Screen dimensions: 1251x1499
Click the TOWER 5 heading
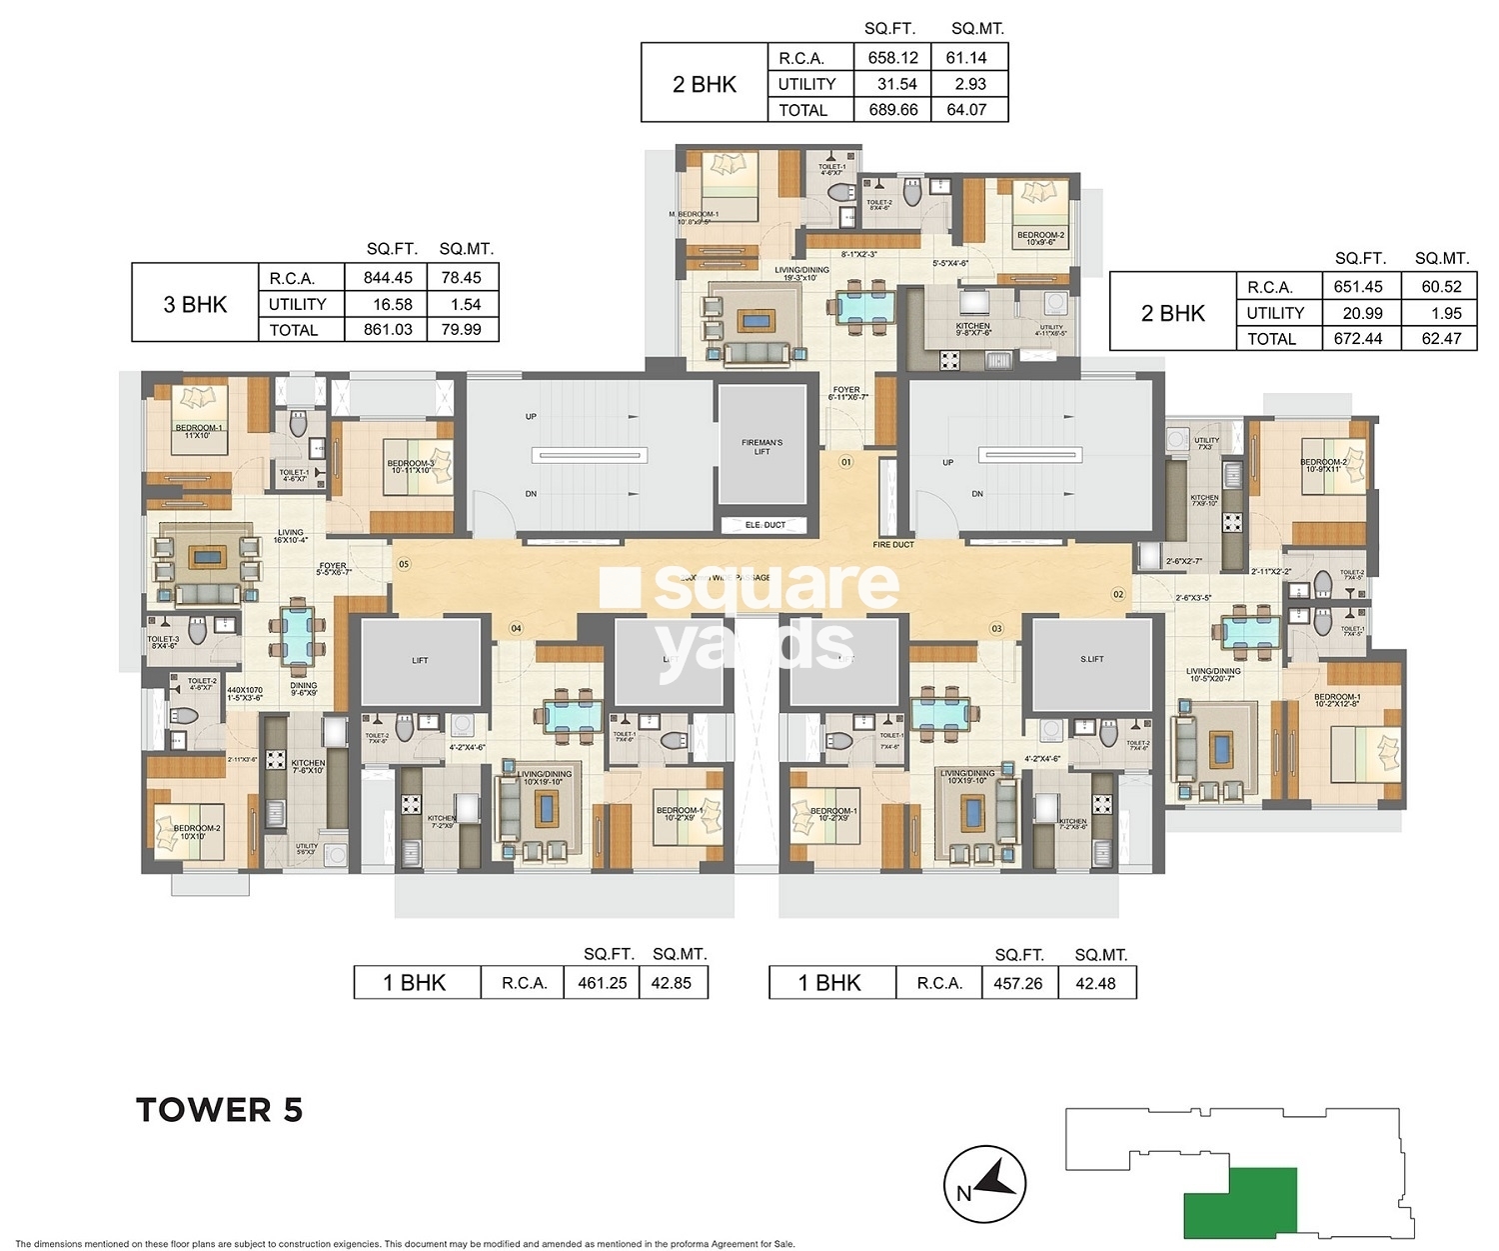coord(219,1110)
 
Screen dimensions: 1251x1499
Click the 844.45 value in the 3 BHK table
coord(388,278)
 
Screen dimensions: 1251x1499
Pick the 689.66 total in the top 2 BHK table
coord(892,110)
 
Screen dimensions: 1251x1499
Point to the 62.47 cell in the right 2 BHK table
coord(1441,339)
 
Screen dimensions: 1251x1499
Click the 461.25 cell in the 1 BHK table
coord(602,983)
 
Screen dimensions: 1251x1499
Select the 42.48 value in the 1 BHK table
coord(1095,983)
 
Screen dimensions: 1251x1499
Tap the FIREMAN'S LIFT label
coord(761,447)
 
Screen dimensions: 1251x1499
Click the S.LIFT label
coord(1091,659)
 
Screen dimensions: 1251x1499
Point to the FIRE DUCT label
coord(892,545)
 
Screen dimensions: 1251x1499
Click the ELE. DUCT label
coord(765,525)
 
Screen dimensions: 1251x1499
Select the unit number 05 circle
coord(404,564)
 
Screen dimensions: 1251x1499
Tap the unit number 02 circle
coord(1117,594)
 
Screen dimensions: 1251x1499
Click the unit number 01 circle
coord(845,462)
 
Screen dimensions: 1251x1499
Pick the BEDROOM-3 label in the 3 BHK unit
coord(411,466)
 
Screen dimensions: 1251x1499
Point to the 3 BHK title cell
coord(195,304)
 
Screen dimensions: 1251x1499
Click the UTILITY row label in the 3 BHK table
coord(297,304)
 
